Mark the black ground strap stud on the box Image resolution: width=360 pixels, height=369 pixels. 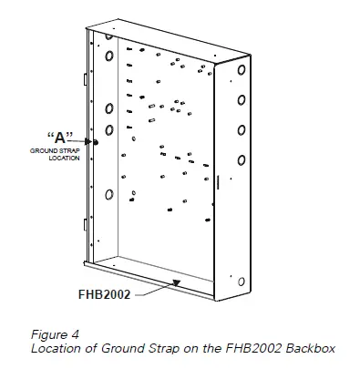[95, 142]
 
